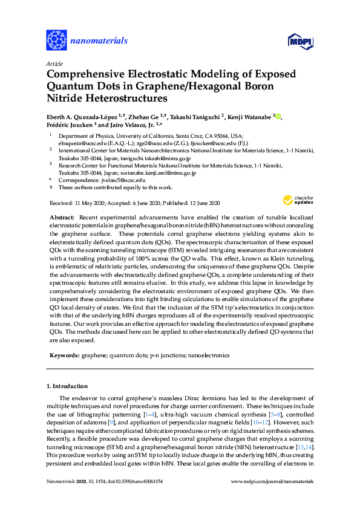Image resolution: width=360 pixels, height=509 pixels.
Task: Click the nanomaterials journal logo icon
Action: [57, 41]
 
